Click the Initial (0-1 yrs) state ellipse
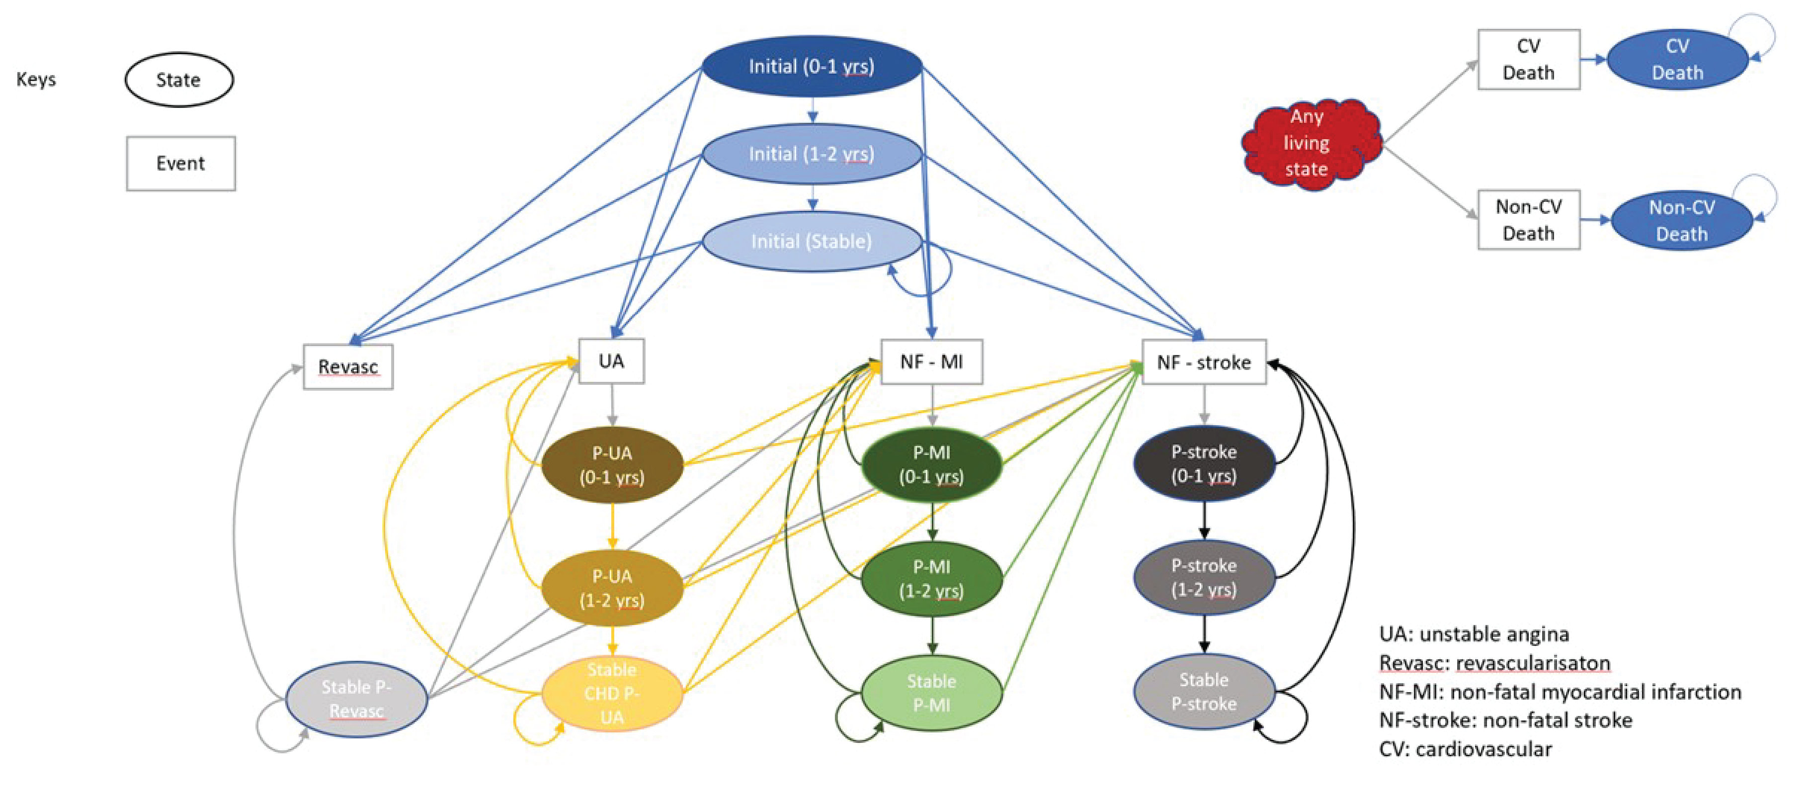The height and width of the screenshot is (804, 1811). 812,66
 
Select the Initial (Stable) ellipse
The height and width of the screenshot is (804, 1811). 812,241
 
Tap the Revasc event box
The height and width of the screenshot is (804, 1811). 348,366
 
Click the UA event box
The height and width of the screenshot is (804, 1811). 611,361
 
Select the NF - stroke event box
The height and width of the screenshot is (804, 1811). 1204,362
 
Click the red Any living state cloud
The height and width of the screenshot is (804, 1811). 1308,143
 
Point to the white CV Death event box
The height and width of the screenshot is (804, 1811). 1528,60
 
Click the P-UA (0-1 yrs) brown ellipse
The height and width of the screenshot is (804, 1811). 612,465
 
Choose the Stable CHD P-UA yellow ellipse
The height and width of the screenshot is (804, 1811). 612,694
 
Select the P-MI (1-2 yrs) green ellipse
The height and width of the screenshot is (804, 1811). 931,579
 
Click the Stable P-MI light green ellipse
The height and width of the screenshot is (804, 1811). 931,693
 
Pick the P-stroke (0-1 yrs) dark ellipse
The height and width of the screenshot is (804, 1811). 1204,463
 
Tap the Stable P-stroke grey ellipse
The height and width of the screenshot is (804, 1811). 1204,692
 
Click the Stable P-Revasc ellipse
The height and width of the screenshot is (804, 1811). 356,699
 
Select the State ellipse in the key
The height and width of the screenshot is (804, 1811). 178,80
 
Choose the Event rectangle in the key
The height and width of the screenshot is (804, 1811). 181,163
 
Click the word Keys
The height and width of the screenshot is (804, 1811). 36,80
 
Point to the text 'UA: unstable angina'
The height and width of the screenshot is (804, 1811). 1474,634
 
